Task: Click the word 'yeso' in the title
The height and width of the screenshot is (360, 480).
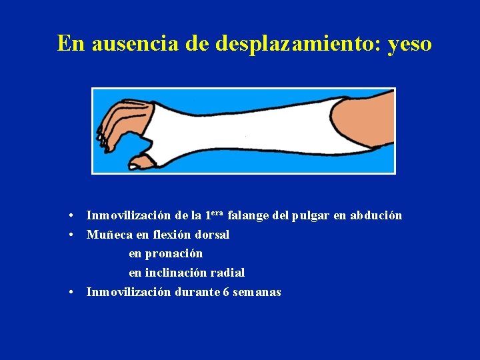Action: (409, 43)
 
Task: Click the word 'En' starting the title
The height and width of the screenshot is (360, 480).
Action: (71, 43)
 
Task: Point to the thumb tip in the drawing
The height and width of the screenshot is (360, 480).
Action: (137, 163)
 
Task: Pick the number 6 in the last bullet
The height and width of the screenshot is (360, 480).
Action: (227, 292)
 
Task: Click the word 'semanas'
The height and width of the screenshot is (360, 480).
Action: (257, 292)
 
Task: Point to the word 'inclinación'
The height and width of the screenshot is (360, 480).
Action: (175, 273)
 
